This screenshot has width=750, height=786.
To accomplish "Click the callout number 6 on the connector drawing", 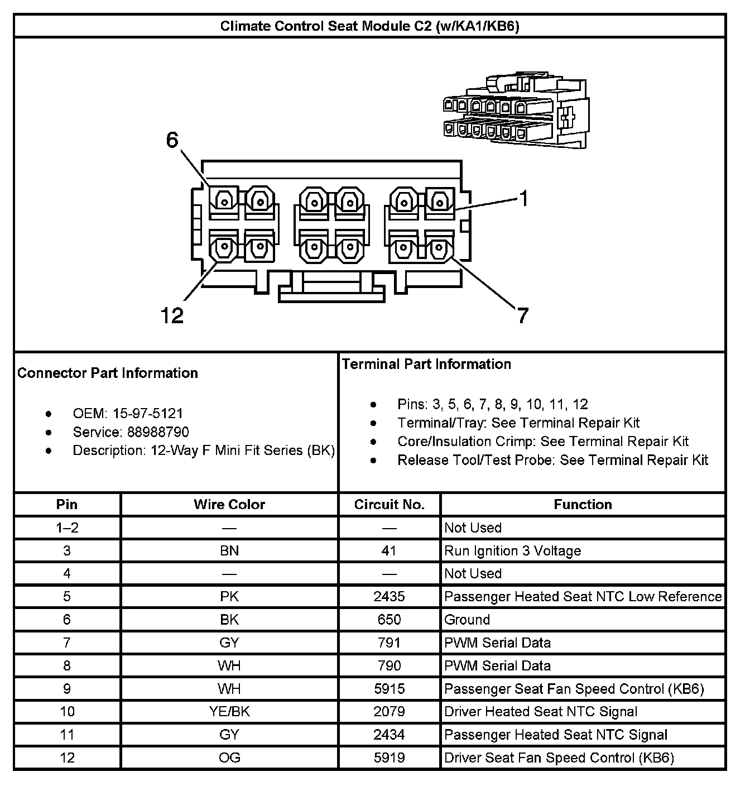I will click(172, 140).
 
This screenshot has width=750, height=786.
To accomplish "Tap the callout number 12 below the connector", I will click(172, 316).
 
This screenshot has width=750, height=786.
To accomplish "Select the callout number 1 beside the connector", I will click(523, 198).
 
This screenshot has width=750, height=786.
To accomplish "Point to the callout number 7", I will click(522, 316).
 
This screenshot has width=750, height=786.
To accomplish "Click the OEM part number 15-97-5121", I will click(148, 414).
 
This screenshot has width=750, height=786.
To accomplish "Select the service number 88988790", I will click(158, 432).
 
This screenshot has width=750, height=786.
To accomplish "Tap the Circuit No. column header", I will click(389, 505).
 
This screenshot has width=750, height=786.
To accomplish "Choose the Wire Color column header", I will click(229, 505).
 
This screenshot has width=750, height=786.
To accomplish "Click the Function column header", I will click(583, 505).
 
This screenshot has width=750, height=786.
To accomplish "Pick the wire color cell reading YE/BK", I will click(229, 712).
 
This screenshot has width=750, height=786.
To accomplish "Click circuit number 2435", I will click(389, 597).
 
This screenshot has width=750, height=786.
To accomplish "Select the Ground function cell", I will click(467, 620).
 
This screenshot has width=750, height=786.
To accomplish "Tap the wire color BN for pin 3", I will click(229, 551).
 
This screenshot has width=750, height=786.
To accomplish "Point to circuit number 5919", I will click(389, 758).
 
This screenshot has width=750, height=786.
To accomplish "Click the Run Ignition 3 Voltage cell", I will click(512, 551).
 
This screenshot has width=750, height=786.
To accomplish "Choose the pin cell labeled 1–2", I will click(67, 528).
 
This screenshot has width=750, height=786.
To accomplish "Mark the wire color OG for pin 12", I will click(229, 758).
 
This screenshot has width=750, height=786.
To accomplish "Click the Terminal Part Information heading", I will click(426, 365).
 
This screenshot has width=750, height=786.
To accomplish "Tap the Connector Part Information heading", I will click(108, 373).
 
